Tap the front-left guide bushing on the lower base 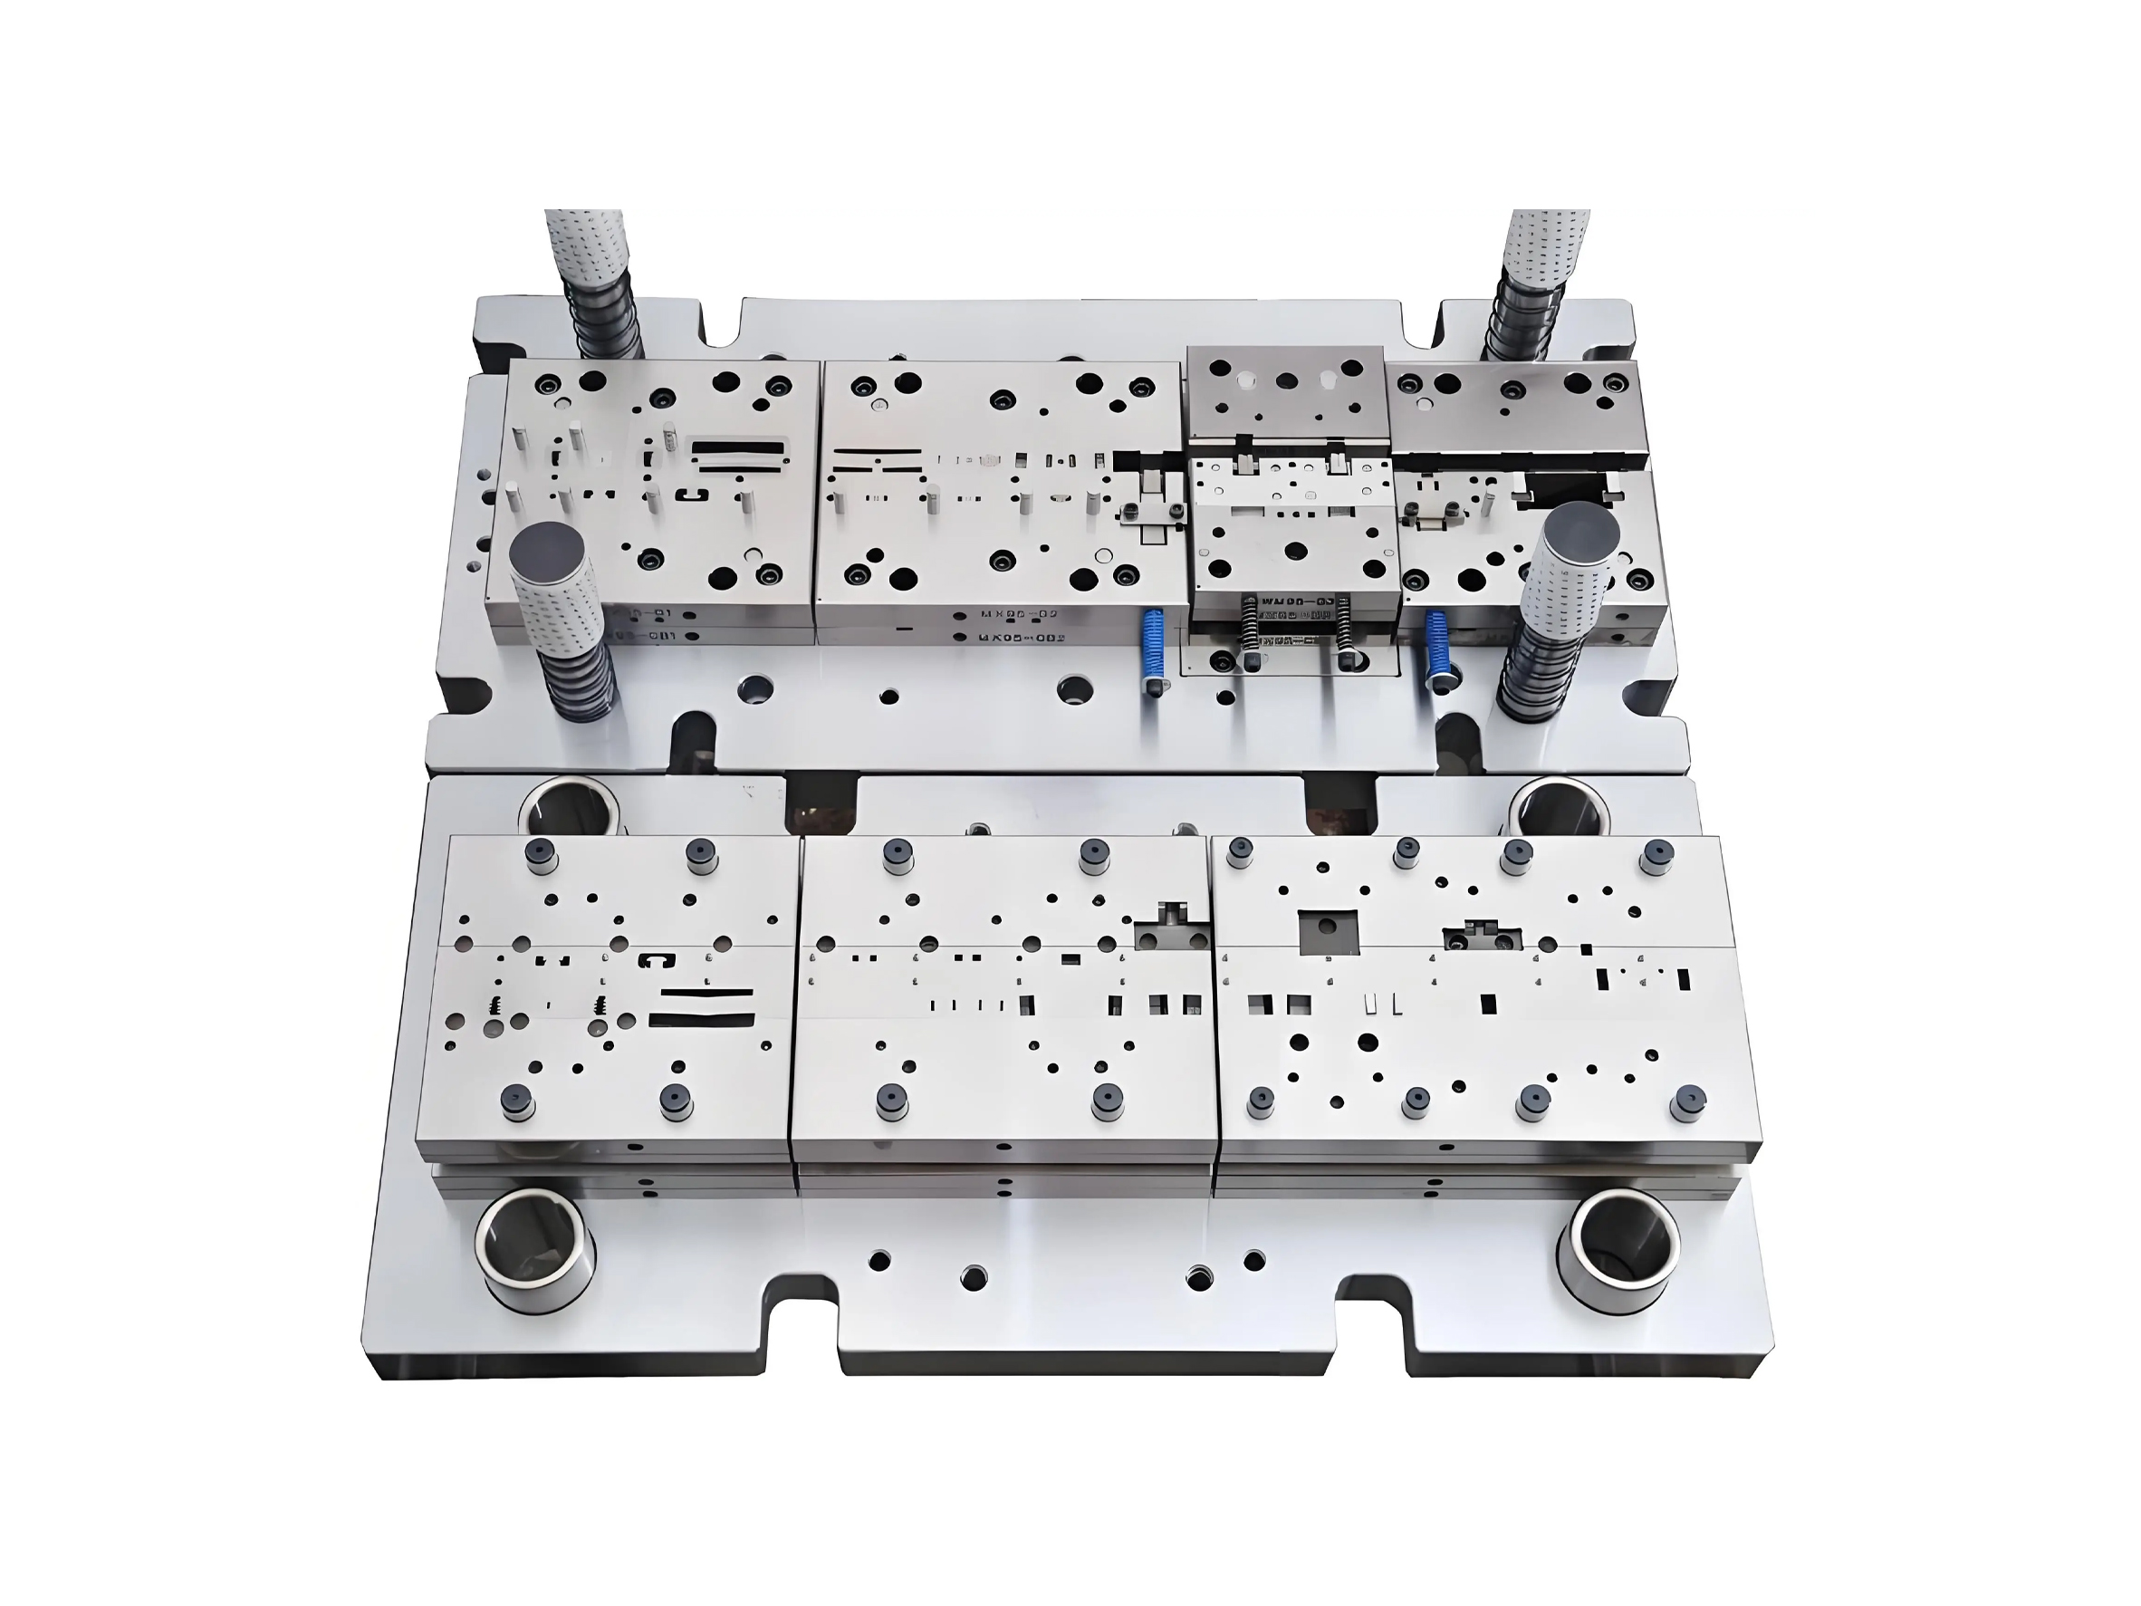pos(535,1252)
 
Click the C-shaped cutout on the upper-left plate pos(692,496)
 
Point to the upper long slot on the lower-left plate pos(706,995)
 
